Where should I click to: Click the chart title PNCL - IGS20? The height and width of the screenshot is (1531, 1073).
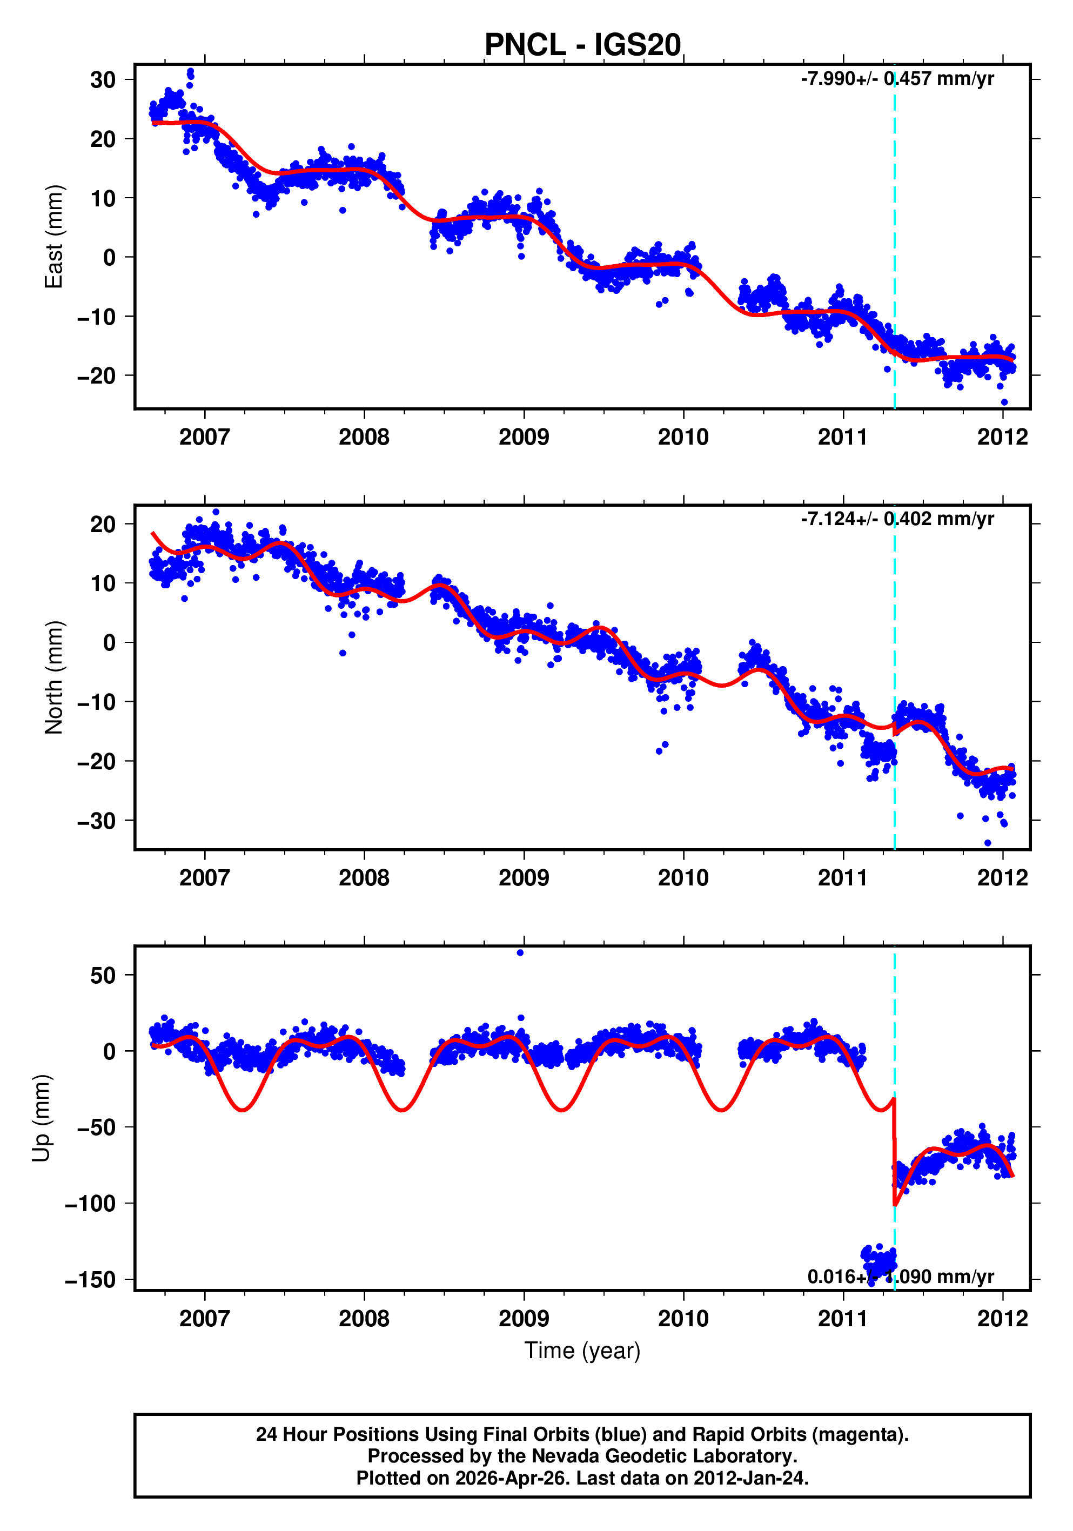(582, 45)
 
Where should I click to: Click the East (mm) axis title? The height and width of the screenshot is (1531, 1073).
(53, 237)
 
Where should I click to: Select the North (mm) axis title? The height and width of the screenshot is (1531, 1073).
(53, 677)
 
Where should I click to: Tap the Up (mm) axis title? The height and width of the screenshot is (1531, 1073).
(42, 1118)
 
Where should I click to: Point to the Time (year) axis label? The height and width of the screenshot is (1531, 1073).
(582, 1350)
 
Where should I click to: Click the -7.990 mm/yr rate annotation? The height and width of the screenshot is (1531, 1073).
(897, 79)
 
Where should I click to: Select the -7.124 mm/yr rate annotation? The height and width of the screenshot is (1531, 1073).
(897, 519)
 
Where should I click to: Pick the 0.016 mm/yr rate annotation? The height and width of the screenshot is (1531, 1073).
(900, 1276)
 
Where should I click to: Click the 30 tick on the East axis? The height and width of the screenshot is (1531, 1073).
(103, 80)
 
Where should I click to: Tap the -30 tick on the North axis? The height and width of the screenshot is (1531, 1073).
(96, 821)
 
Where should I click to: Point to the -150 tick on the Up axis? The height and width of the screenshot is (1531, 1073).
(90, 1280)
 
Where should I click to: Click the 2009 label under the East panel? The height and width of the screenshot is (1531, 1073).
(524, 438)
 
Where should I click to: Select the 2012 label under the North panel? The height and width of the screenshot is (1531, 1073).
(1002, 877)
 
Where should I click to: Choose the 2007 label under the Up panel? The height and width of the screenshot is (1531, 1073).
(204, 1318)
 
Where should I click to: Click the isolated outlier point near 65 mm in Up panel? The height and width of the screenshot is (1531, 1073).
(520, 953)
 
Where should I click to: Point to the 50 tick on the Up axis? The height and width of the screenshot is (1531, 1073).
(103, 976)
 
